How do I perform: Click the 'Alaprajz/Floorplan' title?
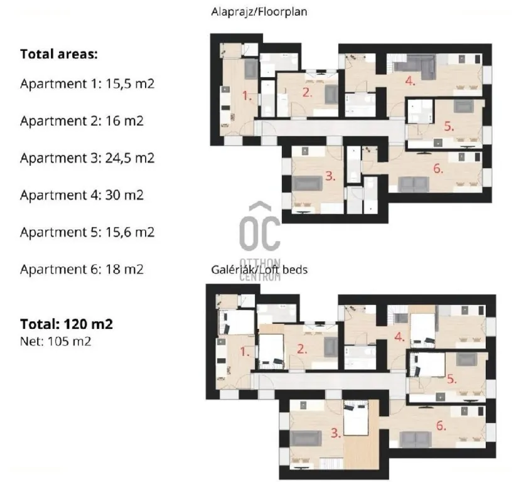point(259,12)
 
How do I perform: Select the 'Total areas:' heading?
point(59,54)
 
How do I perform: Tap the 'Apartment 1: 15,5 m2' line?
point(87,83)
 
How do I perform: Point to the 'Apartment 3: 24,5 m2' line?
point(87,158)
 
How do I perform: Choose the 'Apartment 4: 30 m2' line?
point(82,195)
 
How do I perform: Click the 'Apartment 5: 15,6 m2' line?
point(87,232)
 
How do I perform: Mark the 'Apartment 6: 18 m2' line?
point(82,269)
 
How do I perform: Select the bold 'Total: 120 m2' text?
point(67,324)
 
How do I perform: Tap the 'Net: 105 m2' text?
point(55,341)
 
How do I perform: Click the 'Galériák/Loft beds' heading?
point(259,270)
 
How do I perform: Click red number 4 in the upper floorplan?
point(410,81)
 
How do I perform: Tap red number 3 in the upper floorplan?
point(330,176)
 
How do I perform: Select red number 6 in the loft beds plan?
point(441,426)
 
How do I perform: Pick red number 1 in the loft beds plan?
point(245,351)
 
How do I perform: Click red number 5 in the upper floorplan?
point(449,126)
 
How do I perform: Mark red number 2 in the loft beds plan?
point(302,349)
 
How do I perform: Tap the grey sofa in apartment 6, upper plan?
point(413,185)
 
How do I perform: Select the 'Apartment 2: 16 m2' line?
point(82,121)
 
